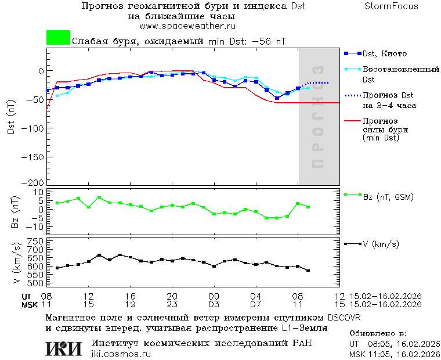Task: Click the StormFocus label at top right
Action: click(x=391, y=6)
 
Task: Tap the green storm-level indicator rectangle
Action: click(x=58, y=38)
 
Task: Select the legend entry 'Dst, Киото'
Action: click(x=385, y=53)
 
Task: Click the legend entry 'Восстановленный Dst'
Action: click(x=400, y=74)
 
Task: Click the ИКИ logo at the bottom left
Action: click(x=64, y=348)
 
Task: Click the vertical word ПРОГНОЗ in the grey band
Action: click(x=317, y=116)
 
